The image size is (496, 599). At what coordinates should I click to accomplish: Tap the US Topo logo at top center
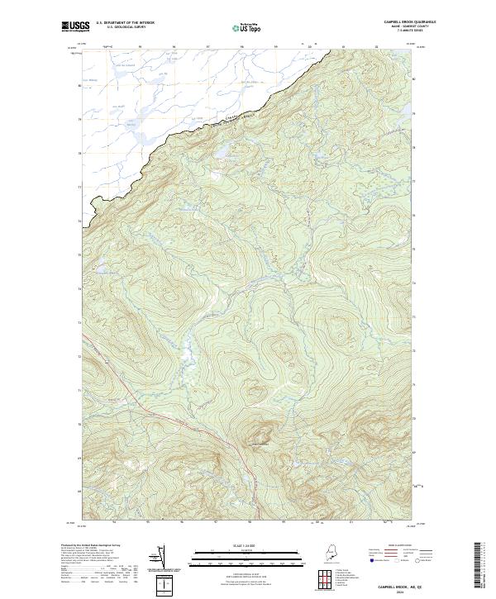click(x=247, y=27)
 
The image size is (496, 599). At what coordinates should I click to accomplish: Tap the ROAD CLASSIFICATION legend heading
click(x=401, y=546)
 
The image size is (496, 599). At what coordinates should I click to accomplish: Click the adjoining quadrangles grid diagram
click(x=326, y=578)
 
